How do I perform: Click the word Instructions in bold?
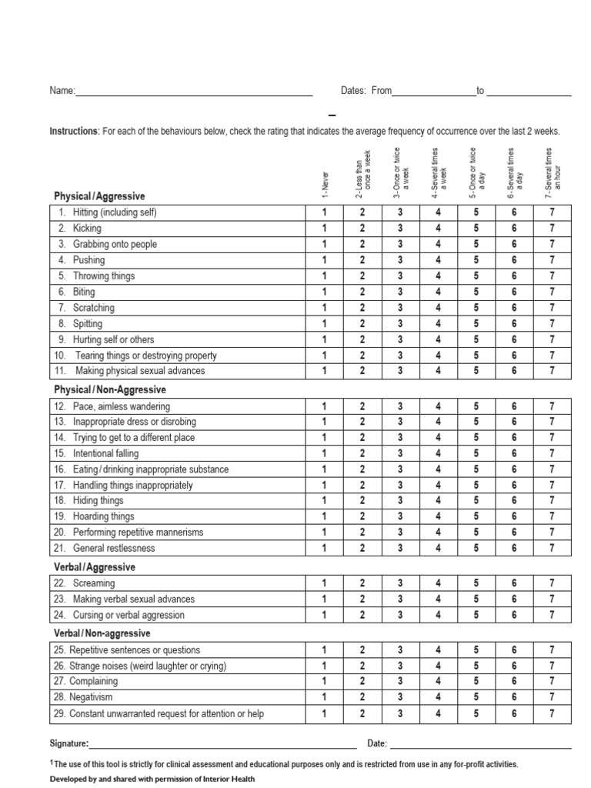click(73, 132)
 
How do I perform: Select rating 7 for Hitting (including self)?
click(552, 212)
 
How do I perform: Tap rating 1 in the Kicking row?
click(324, 229)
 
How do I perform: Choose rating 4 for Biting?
click(438, 292)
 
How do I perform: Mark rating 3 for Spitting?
click(400, 324)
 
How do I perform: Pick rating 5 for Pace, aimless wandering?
click(476, 406)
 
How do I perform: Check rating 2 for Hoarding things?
click(362, 516)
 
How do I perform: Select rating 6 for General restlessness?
click(514, 549)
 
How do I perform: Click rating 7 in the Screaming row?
click(552, 583)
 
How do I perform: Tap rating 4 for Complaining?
click(438, 681)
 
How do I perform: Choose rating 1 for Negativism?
click(324, 697)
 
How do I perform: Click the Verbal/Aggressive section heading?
click(94, 567)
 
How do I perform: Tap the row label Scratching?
click(93, 308)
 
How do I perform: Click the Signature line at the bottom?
click(222, 744)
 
